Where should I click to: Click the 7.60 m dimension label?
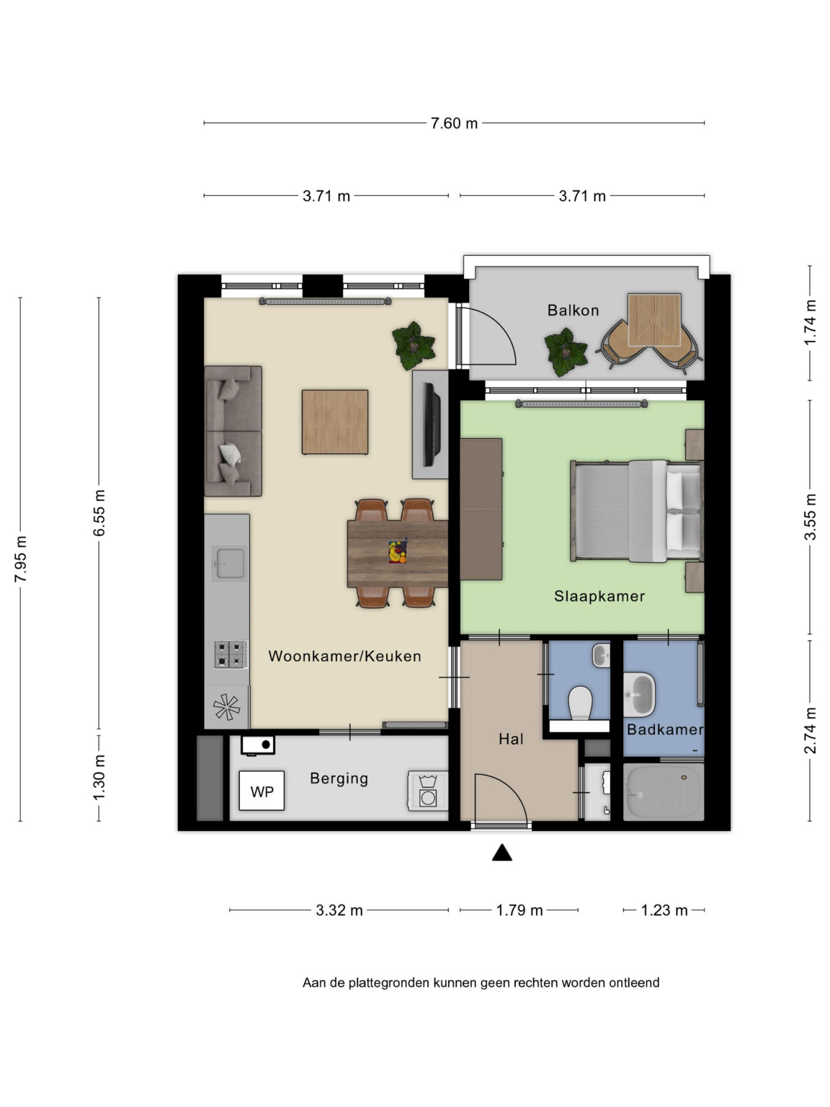[454, 123]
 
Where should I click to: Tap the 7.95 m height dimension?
[21, 559]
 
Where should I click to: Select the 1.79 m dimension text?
[519, 910]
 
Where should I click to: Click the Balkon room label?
[573, 310]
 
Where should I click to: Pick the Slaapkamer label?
[599, 596]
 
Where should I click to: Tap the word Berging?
[339, 778]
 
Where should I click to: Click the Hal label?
[511, 739]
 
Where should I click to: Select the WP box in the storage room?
[262, 791]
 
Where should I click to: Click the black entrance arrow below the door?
[502, 853]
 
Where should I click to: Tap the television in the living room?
[432, 424]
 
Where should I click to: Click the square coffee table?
[334, 422]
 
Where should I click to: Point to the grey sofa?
[233, 431]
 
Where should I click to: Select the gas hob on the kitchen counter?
[231, 654]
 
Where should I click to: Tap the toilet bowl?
[579, 703]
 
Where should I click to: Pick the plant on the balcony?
[566, 352]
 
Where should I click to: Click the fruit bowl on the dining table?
[397, 552]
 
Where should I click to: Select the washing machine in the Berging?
[427, 791]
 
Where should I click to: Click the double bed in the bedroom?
[636, 511]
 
